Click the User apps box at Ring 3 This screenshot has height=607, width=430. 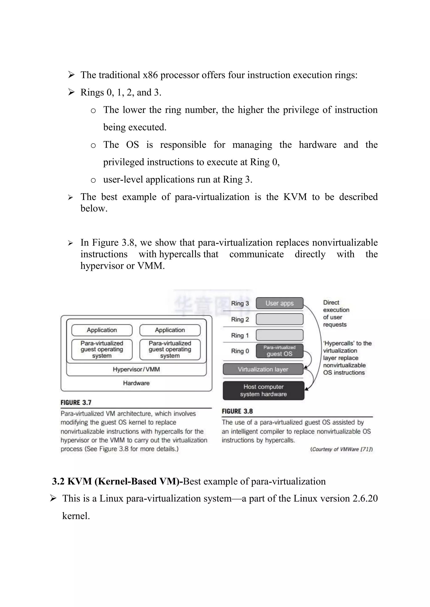tap(279, 303)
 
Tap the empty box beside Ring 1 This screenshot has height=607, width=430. tap(279, 335)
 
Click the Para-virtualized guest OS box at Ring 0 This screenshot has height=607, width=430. tap(279, 351)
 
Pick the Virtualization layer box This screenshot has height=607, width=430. tap(263, 369)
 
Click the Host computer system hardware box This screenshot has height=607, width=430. tap(264, 390)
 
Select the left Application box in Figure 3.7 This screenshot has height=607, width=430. tap(102, 330)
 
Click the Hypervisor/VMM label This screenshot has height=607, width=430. tap(136, 369)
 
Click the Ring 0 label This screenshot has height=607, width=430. tap(240, 351)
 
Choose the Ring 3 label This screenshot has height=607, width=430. tap(240, 303)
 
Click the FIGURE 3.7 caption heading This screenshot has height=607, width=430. tap(76, 403)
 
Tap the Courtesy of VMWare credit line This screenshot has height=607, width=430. tap(341, 449)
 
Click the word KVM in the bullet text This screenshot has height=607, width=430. tap(295, 197)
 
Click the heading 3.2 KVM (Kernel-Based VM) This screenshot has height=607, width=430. tap(117, 481)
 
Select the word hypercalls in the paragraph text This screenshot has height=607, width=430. tap(180, 254)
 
